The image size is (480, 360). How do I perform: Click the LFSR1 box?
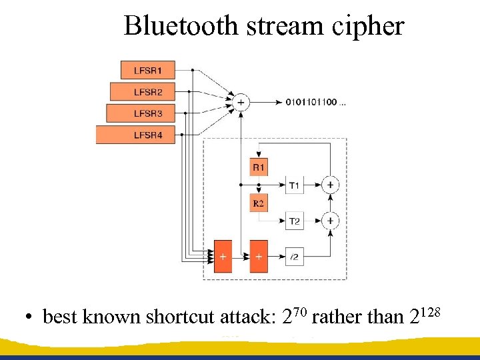tap(147, 70)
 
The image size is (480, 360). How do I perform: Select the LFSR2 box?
tap(147, 91)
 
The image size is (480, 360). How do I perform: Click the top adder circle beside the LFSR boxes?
tap(240, 102)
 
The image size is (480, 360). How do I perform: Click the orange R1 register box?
tap(258, 167)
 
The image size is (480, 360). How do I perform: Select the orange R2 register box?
tap(258, 202)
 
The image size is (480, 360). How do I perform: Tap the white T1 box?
tap(295, 185)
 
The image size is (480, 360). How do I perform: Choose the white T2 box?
tap(295, 221)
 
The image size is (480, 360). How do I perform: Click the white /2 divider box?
tap(295, 257)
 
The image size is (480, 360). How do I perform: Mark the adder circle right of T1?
tap(330, 185)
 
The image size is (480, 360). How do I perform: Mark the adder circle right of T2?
tap(330, 221)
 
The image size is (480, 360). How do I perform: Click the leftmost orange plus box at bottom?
tap(222, 257)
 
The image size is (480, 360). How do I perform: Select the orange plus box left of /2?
tap(258, 257)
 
